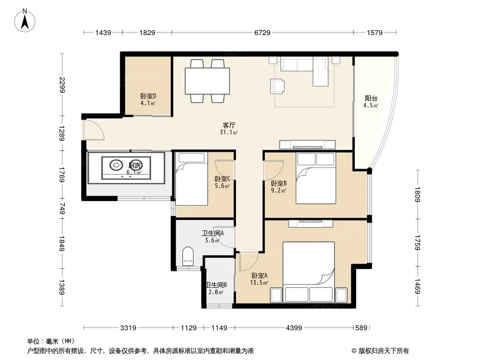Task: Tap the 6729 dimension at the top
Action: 262,32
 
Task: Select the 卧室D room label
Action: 148,96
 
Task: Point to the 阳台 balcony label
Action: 371,99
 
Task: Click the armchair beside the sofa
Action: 278,86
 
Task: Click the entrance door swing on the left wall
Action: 94,130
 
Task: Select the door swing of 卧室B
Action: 274,169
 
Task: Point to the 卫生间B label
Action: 216,285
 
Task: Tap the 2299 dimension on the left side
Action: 62,84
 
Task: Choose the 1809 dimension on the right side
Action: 417,195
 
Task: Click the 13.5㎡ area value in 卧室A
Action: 259,283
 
